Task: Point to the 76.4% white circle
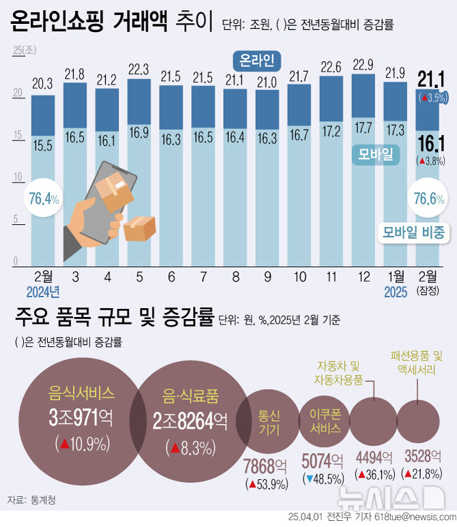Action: coord(44,199)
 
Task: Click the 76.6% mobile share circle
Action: coord(430,199)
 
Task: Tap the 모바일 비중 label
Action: coord(413,232)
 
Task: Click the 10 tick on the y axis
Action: coord(15,178)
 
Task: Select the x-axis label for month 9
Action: coord(268,277)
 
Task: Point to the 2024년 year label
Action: coord(44,292)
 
